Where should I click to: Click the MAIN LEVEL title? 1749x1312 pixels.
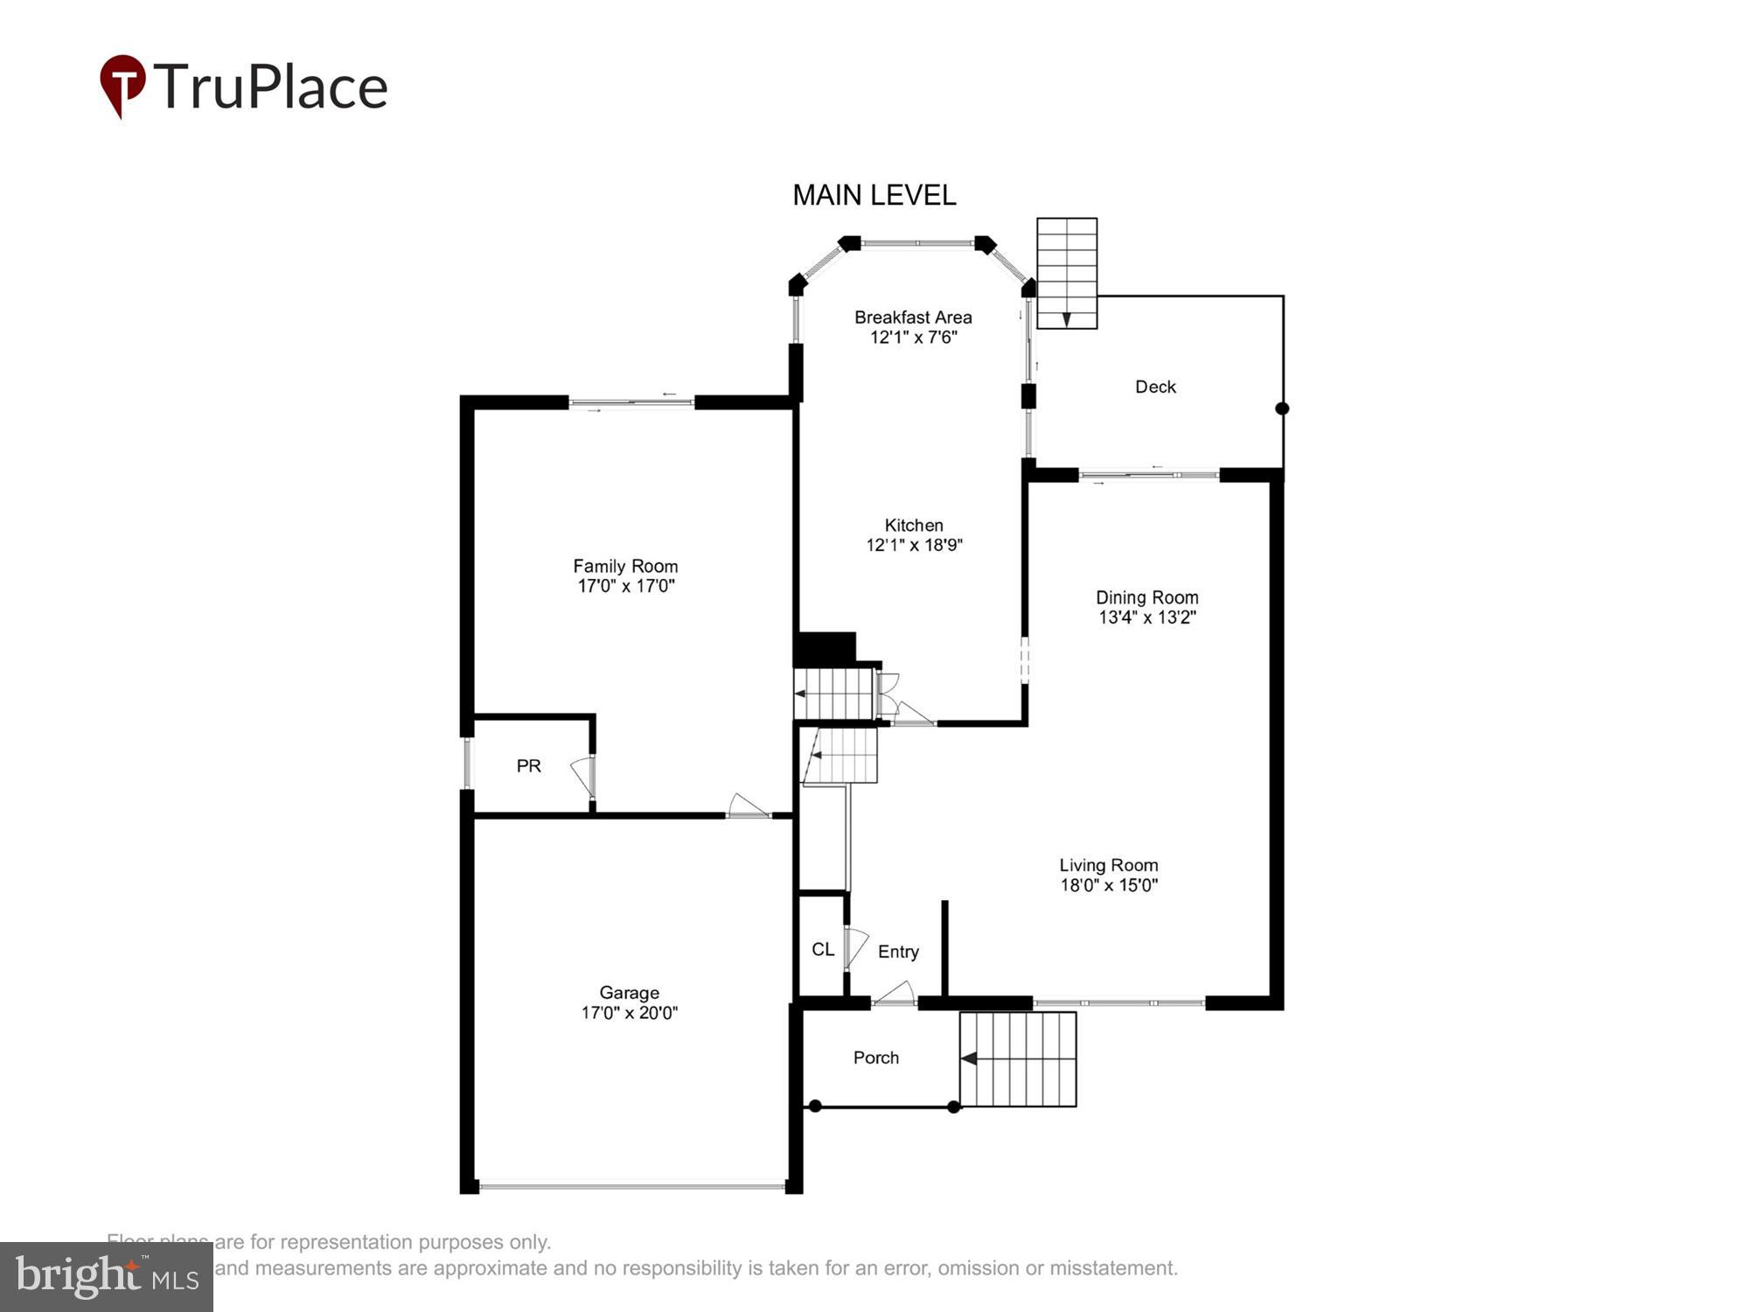point(874,195)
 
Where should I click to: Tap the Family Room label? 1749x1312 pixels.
point(625,566)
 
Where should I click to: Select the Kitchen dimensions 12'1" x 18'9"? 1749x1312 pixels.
point(914,545)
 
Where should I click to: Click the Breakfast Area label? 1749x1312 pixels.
point(913,318)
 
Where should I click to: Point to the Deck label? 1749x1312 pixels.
point(1155,387)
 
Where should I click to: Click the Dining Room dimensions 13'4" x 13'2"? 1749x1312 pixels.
point(1146,618)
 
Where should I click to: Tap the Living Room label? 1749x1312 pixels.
point(1108,865)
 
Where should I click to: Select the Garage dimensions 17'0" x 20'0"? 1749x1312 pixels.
point(629,1013)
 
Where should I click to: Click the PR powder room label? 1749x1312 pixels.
point(528,766)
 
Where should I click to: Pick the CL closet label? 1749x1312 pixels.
point(823,949)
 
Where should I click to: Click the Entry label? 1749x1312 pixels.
point(898,952)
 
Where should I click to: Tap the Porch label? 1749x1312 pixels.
point(875,1057)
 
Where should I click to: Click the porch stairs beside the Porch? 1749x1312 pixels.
point(1018,1059)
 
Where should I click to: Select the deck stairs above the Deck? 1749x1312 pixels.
point(1067,273)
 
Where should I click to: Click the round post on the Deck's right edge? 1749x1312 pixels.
point(1282,408)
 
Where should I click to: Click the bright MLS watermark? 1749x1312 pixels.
point(107,1277)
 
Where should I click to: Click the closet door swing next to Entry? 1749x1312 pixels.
point(854,948)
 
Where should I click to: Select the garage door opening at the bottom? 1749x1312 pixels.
point(631,1187)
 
